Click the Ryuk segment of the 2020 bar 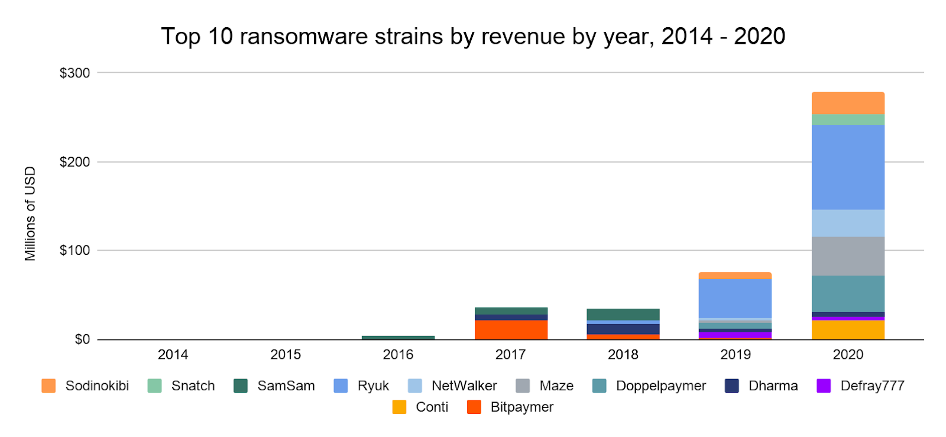(x=848, y=167)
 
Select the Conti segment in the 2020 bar (x=848, y=329)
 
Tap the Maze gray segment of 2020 (x=848, y=256)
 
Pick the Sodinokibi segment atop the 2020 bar (x=848, y=103)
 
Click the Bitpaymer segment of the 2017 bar (x=511, y=329)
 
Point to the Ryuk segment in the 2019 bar (x=735, y=298)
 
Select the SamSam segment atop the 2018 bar (x=623, y=314)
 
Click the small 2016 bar (x=398, y=338)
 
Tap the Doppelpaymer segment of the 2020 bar (x=848, y=293)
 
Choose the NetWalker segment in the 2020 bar (x=848, y=223)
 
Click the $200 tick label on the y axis (x=74, y=162)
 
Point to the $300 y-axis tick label (x=74, y=73)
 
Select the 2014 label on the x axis (x=173, y=355)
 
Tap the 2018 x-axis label (x=623, y=355)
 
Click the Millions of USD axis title (x=30, y=213)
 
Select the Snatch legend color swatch (x=154, y=386)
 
